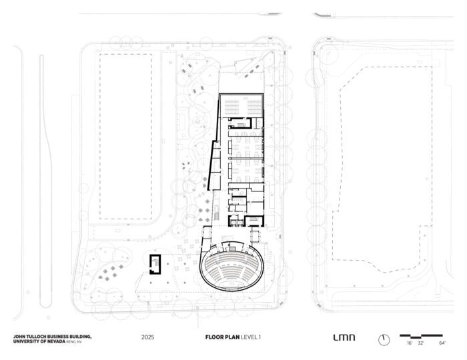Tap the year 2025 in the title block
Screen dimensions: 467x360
pyautogui.click(x=147, y=337)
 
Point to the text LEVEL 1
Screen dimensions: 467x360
pyautogui.click(x=251, y=337)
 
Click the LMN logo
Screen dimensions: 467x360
pyautogui.click(x=344, y=337)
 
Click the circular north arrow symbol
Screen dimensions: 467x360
pyautogui.click(x=384, y=340)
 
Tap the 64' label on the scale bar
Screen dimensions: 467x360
pyautogui.click(x=442, y=343)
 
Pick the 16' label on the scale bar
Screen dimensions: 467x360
pyautogui.click(x=410, y=343)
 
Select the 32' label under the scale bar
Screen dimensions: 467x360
pyautogui.click(x=420, y=343)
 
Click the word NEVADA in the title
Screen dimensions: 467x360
pyautogui.click(x=56, y=341)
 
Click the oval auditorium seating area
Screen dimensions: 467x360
pyautogui.click(x=231, y=266)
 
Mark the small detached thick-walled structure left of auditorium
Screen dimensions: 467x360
pyautogui.click(x=155, y=264)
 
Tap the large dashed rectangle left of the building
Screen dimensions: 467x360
pyautogui.click(x=125, y=137)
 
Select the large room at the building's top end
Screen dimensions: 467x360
pyautogui.click(x=242, y=105)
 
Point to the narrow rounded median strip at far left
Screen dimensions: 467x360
pyautogui.click(x=45, y=181)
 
